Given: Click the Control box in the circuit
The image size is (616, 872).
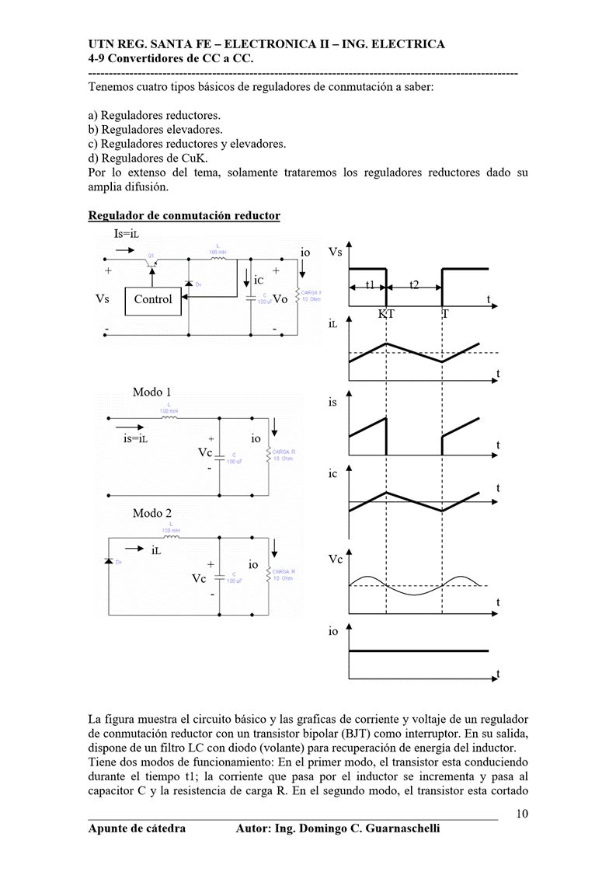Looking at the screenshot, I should click(x=153, y=299).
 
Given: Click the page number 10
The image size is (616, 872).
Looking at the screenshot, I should click(x=522, y=814).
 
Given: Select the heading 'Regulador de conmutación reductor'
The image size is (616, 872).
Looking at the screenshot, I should click(x=184, y=215).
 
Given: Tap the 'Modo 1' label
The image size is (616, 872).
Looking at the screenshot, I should click(x=152, y=392).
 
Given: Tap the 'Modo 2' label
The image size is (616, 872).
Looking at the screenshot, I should click(x=152, y=513).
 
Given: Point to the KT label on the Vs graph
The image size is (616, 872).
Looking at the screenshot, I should click(x=386, y=314).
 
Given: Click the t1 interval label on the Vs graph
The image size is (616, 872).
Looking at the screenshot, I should click(x=371, y=285).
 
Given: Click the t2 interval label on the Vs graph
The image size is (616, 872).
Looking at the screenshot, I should click(x=414, y=285).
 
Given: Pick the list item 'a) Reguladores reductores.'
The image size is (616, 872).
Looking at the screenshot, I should click(x=155, y=115).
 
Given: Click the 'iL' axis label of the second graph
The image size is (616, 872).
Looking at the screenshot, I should click(x=332, y=323).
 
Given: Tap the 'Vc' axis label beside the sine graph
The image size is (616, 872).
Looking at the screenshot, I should click(x=336, y=559).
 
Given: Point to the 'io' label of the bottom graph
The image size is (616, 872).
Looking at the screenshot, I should click(x=333, y=632).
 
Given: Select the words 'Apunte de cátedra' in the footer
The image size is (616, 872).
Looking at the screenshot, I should click(x=137, y=828).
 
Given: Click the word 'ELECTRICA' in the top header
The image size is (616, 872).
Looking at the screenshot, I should click(x=409, y=44).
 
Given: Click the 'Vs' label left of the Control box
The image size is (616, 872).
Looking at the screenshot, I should click(x=103, y=299).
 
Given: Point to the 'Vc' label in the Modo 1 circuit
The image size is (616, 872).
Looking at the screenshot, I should click(x=205, y=452).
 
